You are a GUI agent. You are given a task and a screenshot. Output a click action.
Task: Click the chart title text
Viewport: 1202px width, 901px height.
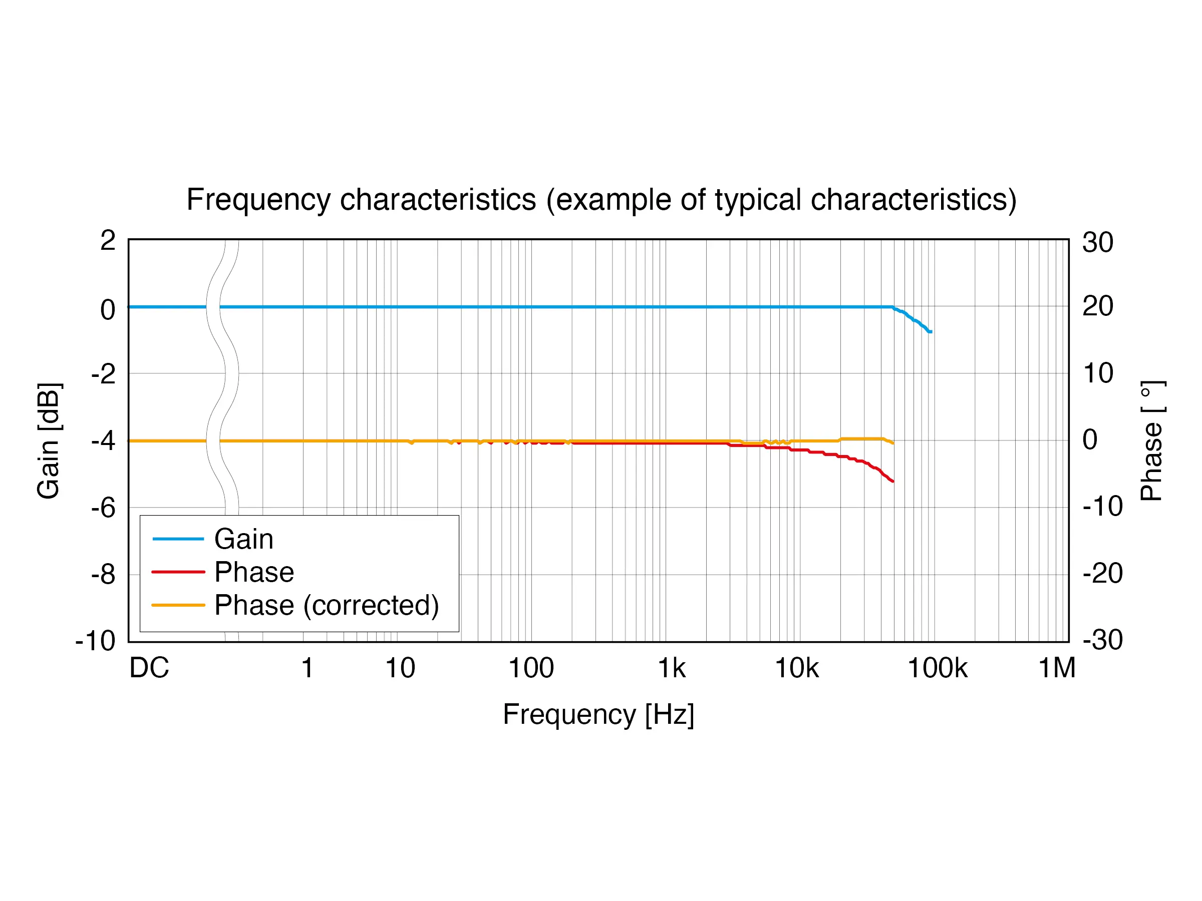pos(601,199)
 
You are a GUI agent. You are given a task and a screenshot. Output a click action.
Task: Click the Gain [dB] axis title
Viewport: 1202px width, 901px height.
pos(49,440)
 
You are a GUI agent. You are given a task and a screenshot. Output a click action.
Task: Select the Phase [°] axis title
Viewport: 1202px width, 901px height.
pos(1151,440)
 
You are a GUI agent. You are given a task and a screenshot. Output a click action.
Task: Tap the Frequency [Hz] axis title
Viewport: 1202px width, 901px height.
pos(598,714)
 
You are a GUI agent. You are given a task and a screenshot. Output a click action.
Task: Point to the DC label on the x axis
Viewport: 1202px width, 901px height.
pos(149,668)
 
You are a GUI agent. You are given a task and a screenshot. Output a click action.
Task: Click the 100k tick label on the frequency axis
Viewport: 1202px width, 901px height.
pos(938,668)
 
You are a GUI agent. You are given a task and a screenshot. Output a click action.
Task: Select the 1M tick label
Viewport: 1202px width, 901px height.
pos(1057,668)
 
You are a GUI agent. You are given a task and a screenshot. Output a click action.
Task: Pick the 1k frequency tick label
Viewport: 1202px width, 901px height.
pos(672,668)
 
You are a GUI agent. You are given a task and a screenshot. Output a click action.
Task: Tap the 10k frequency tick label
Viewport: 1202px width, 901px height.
pos(797,668)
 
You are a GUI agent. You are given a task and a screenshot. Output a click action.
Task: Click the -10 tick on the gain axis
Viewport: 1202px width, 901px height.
pos(96,641)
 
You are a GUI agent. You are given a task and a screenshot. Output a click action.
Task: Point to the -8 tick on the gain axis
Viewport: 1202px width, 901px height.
pos(103,575)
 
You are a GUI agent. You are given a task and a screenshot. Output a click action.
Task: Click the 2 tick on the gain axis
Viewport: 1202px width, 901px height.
pos(108,241)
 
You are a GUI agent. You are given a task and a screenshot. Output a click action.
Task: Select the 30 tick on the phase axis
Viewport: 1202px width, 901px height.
pos(1098,242)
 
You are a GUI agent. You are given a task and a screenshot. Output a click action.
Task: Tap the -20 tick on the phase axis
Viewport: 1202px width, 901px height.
pos(1102,573)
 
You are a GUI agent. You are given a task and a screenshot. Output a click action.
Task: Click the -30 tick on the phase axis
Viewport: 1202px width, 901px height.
pos(1102,640)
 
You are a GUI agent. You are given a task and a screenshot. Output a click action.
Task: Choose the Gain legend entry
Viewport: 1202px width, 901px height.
pos(243,539)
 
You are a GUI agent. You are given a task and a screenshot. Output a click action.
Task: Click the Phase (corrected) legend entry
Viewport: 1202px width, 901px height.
pos(326,605)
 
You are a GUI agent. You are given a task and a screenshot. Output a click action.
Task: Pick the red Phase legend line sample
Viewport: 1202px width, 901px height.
pos(178,572)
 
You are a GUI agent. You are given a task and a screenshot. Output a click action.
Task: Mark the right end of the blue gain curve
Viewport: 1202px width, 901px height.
pos(932,331)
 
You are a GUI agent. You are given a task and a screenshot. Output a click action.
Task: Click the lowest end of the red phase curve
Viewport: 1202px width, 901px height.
pos(893,481)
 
